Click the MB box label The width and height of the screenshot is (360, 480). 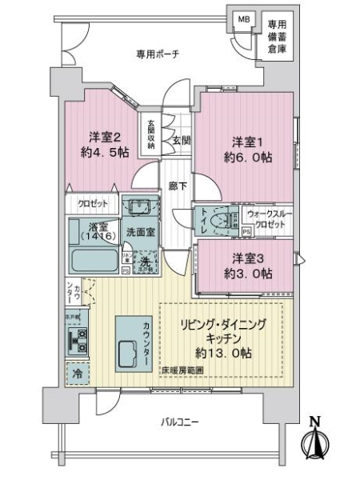241,19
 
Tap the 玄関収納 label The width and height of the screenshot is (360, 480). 150,134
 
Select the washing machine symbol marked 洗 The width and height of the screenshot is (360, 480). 145,262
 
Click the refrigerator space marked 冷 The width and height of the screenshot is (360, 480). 78,373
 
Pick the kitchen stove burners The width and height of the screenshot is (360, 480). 79,342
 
